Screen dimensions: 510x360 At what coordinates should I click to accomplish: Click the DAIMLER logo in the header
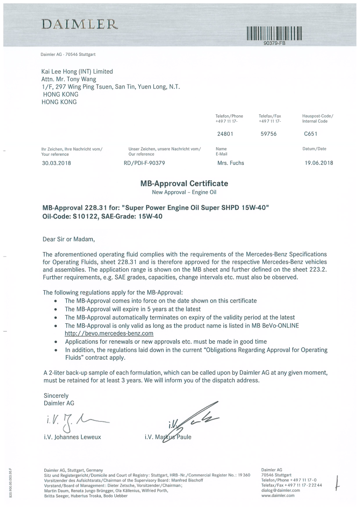click(79, 24)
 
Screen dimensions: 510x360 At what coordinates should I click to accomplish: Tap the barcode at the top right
click(274, 35)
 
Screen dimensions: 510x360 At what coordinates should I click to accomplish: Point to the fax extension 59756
click(268, 134)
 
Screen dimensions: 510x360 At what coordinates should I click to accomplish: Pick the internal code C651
click(311, 134)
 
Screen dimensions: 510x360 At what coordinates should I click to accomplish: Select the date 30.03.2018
click(56, 163)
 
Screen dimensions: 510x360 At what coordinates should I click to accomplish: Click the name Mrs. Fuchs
click(231, 163)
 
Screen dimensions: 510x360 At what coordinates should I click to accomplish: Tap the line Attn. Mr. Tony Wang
click(69, 79)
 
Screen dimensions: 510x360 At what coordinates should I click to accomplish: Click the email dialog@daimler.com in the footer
click(281, 490)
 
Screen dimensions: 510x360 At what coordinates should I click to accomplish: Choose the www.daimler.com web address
click(278, 495)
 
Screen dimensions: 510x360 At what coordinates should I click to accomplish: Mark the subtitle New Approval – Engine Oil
click(184, 192)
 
